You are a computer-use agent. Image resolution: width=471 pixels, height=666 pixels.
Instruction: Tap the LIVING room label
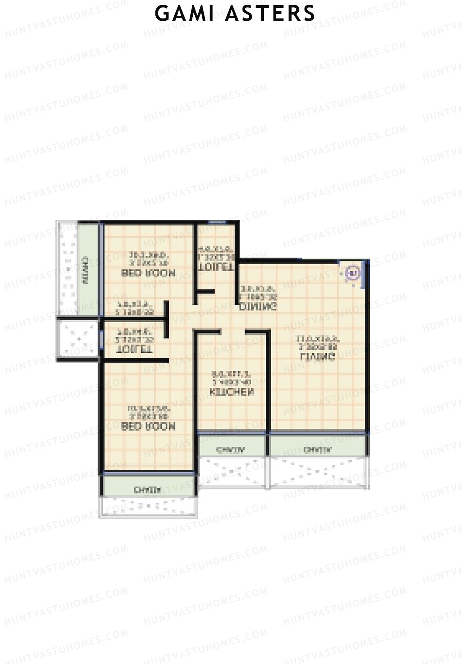[318, 357]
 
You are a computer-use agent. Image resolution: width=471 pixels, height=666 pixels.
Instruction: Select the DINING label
[259, 306]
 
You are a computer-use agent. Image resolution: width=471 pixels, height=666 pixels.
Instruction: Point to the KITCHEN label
[232, 392]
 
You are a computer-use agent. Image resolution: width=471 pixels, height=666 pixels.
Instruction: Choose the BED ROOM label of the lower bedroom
[148, 426]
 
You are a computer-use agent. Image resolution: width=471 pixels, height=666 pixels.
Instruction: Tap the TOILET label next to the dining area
[216, 266]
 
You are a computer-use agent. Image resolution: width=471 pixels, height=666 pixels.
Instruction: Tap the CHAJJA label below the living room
[318, 449]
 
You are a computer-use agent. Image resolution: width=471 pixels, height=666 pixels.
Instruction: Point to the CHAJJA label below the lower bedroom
[147, 489]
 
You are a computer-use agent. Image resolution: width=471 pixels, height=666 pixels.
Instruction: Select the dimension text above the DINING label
[257, 291]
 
